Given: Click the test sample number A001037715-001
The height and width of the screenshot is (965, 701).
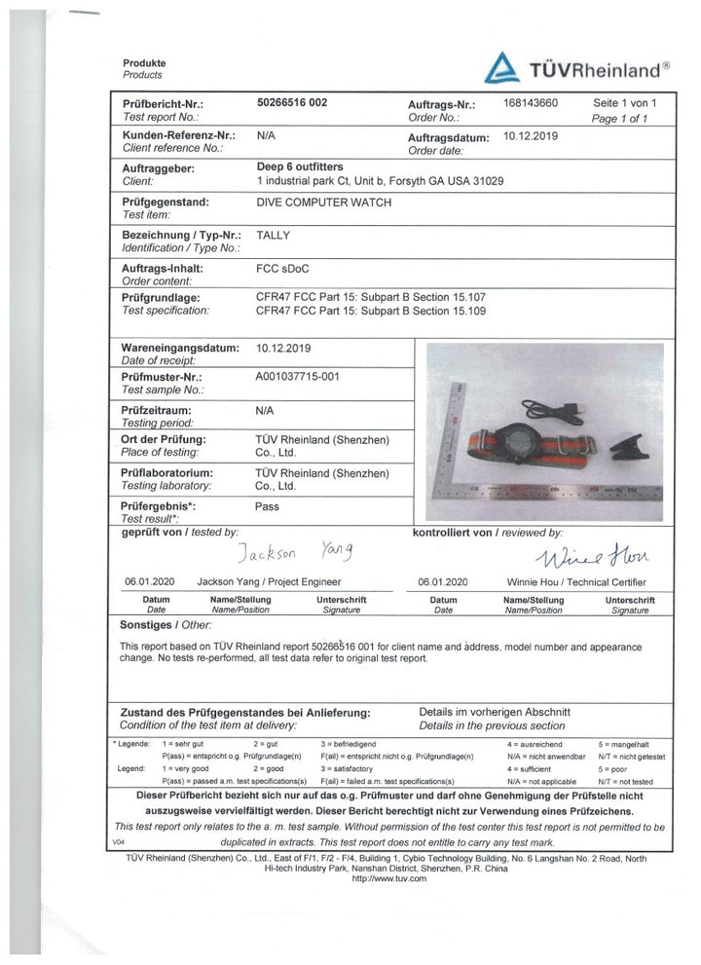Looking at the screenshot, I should point(297,376).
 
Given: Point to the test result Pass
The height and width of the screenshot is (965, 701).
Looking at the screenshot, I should point(267,506).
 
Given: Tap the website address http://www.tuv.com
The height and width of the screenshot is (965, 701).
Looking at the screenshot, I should point(388,878).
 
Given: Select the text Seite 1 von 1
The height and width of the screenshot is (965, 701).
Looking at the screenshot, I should point(626,102).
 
